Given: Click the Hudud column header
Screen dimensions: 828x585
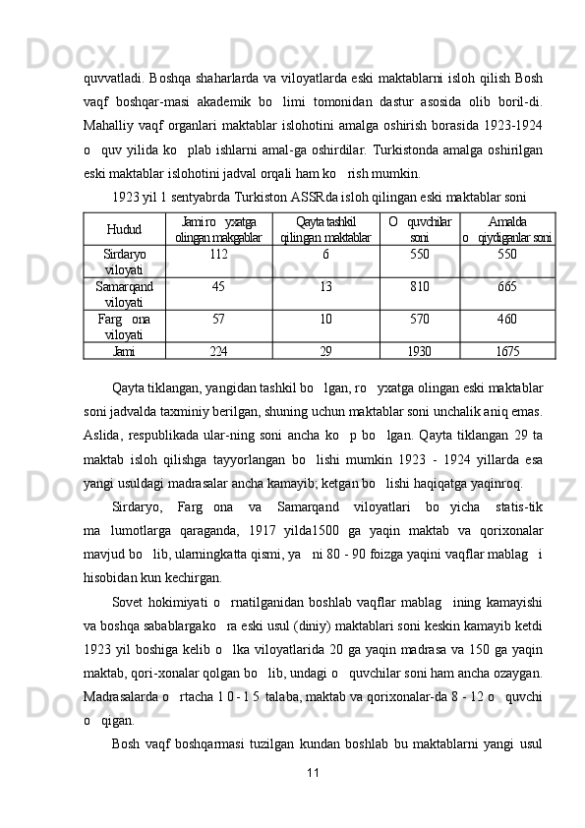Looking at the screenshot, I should tap(124, 228).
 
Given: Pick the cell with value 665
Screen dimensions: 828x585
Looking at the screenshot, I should tap(507, 287).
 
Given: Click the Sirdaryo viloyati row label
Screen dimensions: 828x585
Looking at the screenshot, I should tap(124, 261).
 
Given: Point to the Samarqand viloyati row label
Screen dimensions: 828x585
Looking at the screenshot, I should tap(124, 294).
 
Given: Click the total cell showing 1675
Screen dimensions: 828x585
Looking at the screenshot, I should tap(507, 350).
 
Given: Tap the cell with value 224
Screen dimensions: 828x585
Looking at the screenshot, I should tap(218, 350).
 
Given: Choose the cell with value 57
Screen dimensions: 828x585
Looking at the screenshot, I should tap(218, 320).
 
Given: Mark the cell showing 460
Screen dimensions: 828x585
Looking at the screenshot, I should tap(507, 320).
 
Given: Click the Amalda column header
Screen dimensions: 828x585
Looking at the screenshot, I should tap(506, 221).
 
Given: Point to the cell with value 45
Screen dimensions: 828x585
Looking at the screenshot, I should tap(218, 287).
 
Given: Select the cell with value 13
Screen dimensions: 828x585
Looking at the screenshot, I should tap(325, 287).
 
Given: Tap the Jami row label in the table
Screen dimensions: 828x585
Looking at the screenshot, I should tap(124, 350).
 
